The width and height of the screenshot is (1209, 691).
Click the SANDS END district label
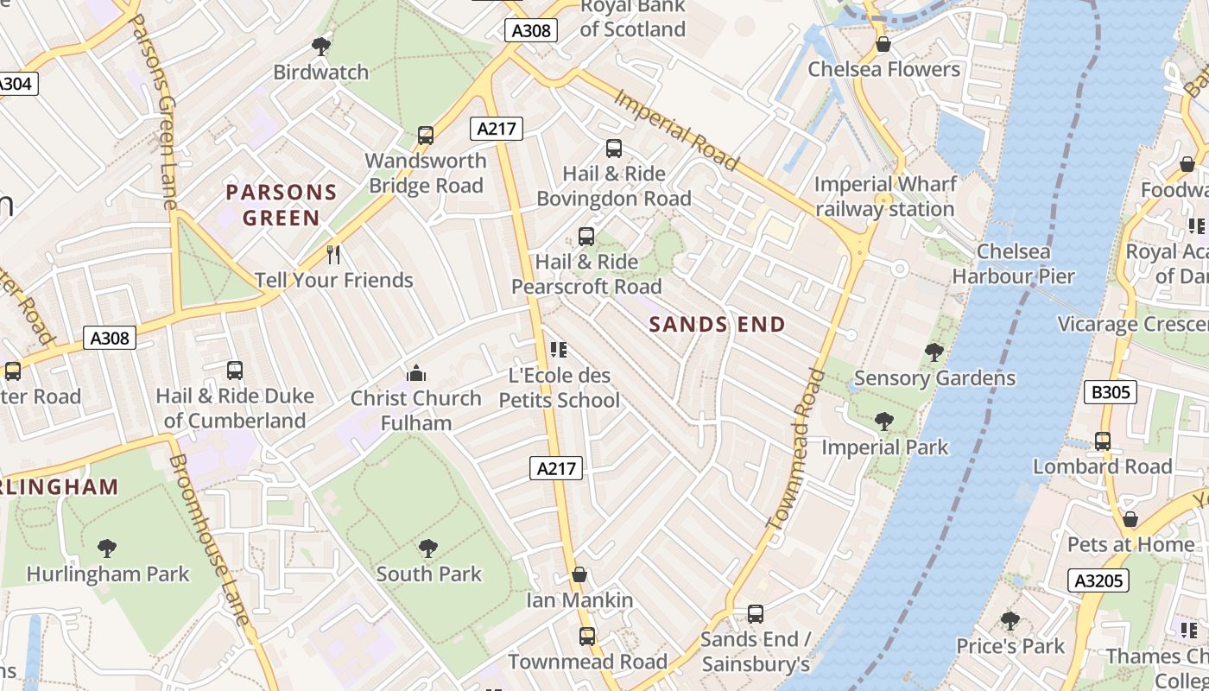[717, 325]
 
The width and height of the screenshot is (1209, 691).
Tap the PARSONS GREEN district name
[282, 205]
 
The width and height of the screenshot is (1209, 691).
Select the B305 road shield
[1110, 393]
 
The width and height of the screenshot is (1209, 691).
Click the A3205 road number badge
[1099, 580]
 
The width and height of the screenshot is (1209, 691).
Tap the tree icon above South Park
[428, 548]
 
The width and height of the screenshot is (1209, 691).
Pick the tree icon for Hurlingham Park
[107, 548]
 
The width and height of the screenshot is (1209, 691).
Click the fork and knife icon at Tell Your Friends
[333, 255]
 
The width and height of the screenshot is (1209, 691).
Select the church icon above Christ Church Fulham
[416, 373]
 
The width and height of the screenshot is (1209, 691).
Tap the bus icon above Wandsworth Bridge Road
[425, 136]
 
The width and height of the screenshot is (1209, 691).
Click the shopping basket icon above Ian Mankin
[579, 575]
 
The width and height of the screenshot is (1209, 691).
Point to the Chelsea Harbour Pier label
[1013, 264]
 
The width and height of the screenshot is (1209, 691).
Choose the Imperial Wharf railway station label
[885, 197]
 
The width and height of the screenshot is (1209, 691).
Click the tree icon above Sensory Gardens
[934, 352]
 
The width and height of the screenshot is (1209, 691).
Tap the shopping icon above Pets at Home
[1130, 519]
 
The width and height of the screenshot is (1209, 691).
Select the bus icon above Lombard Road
[1103, 441]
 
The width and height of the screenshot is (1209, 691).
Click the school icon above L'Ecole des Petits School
[559, 350]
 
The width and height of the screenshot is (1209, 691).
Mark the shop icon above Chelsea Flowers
[883, 44]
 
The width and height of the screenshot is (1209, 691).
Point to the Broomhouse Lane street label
[211, 540]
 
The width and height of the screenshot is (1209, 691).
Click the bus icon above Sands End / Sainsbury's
[756, 614]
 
